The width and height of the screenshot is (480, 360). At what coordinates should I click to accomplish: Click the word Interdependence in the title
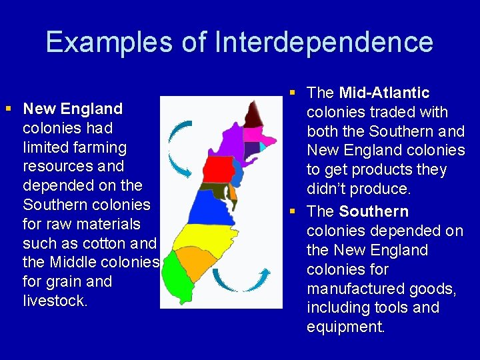tap(324, 42)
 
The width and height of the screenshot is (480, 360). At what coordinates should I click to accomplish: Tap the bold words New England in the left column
tap(73, 109)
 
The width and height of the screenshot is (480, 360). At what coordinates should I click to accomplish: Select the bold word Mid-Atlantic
tap(384, 93)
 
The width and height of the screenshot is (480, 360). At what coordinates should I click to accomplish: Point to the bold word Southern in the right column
tap(374, 211)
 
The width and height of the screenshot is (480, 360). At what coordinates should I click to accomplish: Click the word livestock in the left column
tap(55, 301)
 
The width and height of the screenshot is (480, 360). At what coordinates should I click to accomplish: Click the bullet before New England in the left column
tap(9, 108)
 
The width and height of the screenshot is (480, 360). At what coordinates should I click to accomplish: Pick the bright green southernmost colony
tap(175, 280)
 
